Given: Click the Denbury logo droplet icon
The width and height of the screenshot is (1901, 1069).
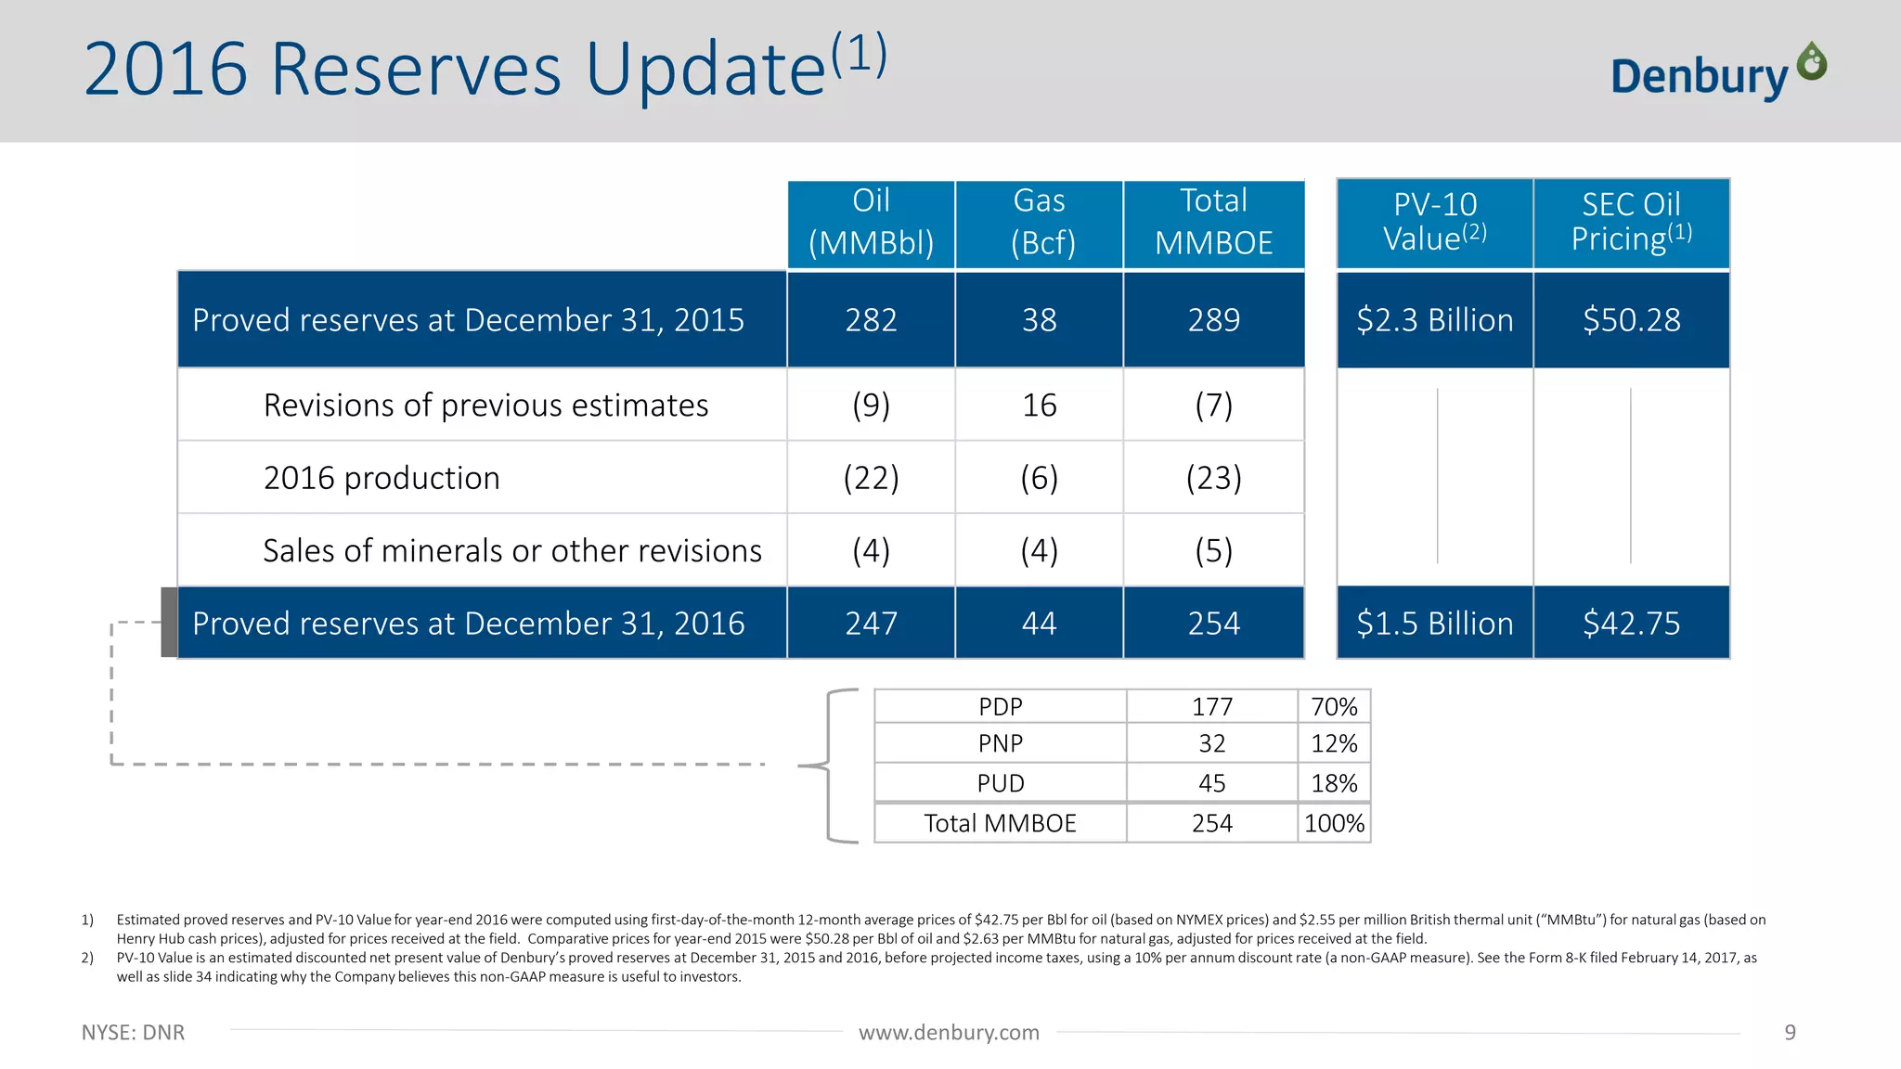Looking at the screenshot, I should [x=1811, y=62].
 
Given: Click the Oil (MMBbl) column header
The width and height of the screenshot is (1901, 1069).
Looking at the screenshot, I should [x=871, y=223].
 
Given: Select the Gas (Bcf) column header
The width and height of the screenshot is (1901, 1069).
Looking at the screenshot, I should [x=1039, y=223].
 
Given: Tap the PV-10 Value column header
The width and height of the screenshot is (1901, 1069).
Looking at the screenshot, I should [x=1434, y=223].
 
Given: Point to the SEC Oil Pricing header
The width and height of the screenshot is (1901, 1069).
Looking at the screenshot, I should [x=1631, y=223].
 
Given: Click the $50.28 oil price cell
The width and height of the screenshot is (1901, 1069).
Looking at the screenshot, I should [x=1631, y=320].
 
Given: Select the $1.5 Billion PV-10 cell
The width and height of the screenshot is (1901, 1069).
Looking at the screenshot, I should [x=1434, y=623].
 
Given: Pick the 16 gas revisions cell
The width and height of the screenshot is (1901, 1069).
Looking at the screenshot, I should [x=1039, y=406].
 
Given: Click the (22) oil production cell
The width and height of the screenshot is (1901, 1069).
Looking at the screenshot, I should [x=871, y=478].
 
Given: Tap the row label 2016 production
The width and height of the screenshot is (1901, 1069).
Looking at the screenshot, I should [x=381, y=478].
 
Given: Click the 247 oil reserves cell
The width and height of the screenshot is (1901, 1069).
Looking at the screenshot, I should [x=871, y=623].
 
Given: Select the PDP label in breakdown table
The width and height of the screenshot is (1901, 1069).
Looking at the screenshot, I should [x=1000, y=707].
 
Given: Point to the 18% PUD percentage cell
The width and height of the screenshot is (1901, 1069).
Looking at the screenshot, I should [x=1334, y=783].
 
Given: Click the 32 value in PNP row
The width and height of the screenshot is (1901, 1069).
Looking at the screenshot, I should [x=1211, y=743].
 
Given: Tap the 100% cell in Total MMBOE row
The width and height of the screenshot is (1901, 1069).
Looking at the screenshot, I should [x=1334, y=823].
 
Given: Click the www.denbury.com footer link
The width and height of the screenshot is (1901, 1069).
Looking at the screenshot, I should [x=949, y=1033].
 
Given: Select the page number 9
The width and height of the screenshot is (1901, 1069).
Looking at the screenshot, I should [x=1790, y=1033].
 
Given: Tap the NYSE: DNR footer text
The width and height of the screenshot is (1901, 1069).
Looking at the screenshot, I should [x=133, y=1033].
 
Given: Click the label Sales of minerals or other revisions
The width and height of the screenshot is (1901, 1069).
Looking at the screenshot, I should [x=512, y=551].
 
